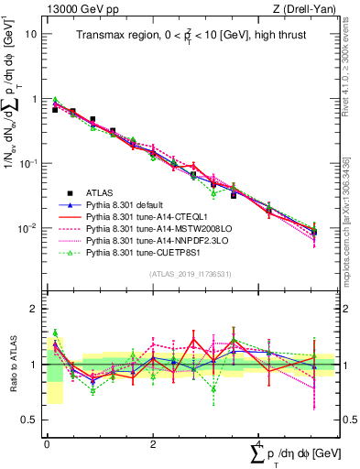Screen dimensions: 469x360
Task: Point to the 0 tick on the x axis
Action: coord(47,442)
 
